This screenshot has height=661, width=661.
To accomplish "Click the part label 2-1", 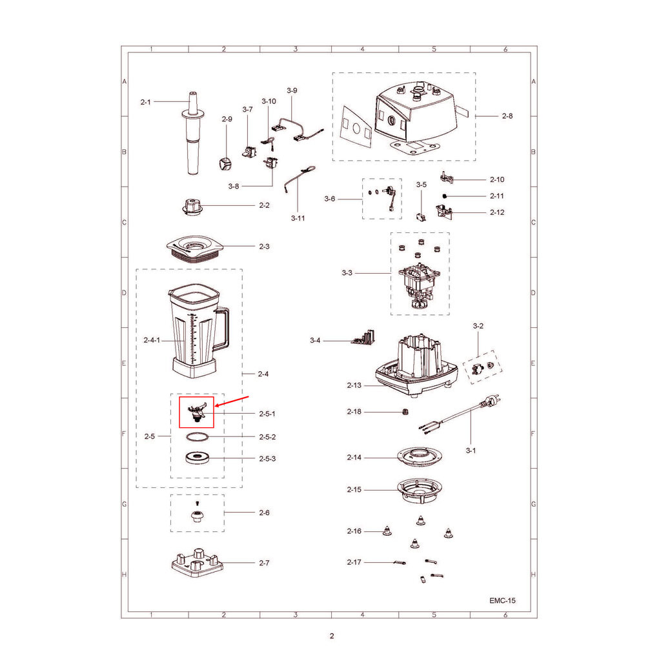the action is (x=145, y=102).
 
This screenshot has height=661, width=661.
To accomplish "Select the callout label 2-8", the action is (x=507, y=116).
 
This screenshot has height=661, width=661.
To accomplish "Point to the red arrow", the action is (x=232, y=402).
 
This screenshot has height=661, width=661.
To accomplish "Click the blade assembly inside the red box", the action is (x=197, y=412).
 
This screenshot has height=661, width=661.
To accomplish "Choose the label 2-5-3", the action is (x=267, y=459).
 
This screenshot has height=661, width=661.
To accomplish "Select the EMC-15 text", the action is (x=502, y=600).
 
